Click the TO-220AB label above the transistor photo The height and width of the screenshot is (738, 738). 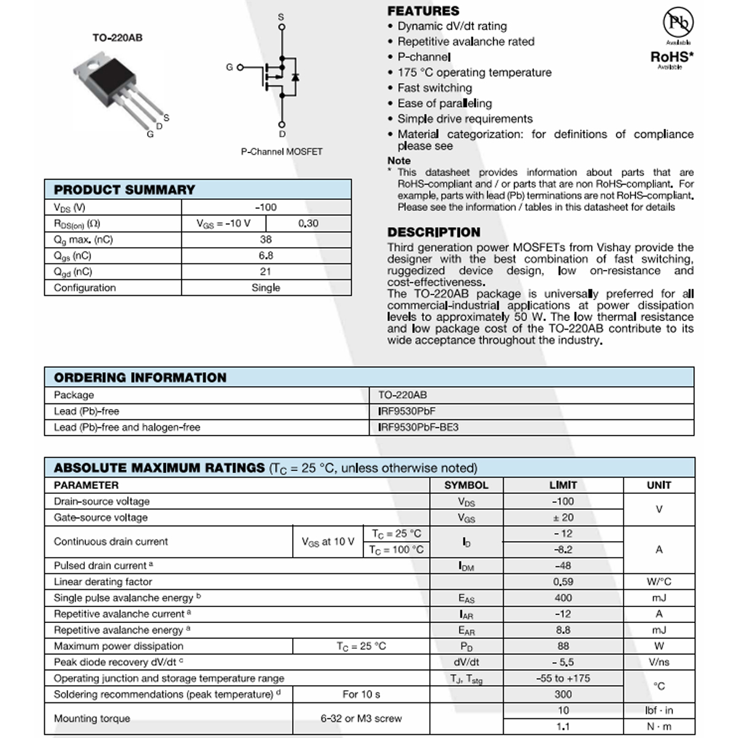[x=117, y=38]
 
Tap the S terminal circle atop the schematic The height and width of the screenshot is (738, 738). [x=282, y=26]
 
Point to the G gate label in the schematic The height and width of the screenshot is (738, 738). [x=229, y=67]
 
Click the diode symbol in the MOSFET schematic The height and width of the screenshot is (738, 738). [x=295, y=77]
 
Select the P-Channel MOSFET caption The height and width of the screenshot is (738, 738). [x=281, y=151]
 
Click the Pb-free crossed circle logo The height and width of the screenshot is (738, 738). [x=678, y=23]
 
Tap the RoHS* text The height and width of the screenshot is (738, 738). [x=672, y=57]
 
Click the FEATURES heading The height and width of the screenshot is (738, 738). [x=423, y=11]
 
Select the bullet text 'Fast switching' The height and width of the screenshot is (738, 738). [x=434, y=88]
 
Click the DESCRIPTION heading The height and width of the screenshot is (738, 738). [x=434, y=232]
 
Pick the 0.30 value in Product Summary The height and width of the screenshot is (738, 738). [x=308, y=223]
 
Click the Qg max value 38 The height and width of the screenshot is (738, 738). [x=266, y=239]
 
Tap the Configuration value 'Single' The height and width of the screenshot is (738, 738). [x=266, y=287]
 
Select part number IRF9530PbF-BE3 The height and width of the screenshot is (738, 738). [x=418, y=427]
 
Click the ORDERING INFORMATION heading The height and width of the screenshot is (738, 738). [x=140, y=377]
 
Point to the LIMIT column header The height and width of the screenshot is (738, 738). [x=563, y=485]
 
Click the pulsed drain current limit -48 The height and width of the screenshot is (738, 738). [x=563, y=565]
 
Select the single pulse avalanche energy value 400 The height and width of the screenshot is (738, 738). [x=563, y=597]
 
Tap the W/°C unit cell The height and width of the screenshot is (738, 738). [x=659, y=581]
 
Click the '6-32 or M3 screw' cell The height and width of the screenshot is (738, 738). [x=361, y=718]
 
